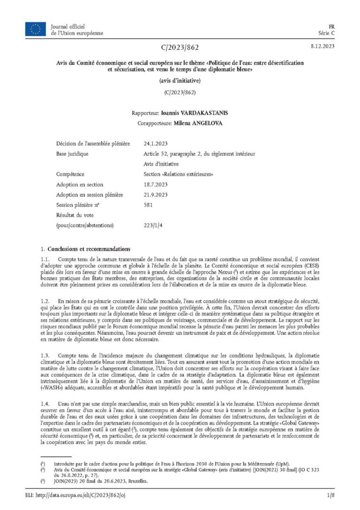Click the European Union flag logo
tap(35, 29)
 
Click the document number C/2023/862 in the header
tap(180, 47)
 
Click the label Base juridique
tap(72, 154)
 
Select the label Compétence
tap(70, 174)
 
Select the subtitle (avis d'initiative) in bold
tap(180, 82)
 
